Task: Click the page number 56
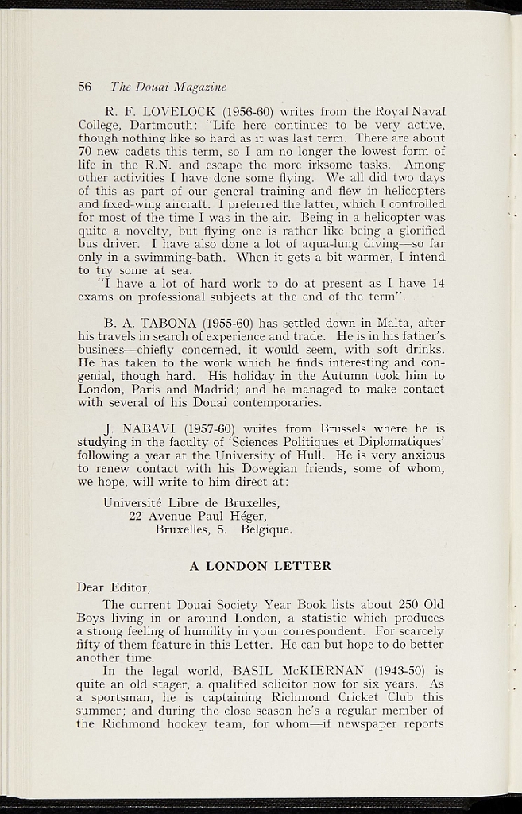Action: coord(85,86)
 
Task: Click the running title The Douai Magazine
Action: coord(168,86)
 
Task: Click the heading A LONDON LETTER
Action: coord(260,566)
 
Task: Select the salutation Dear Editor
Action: coord(114,587)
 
